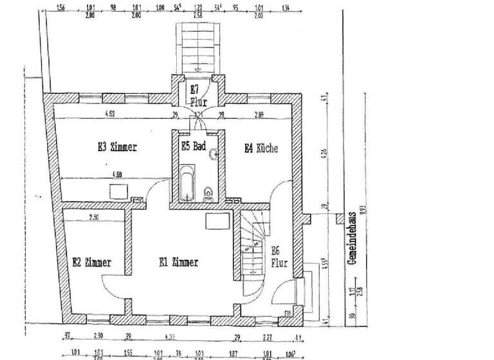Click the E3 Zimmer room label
(117, 147)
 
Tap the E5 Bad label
(193, 146)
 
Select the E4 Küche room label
(261, 148)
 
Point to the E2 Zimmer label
(91, 262)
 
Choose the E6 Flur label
(279, 256)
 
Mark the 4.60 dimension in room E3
(117, 174)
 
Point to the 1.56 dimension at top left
(61, 9)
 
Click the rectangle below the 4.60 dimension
(118, 192)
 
